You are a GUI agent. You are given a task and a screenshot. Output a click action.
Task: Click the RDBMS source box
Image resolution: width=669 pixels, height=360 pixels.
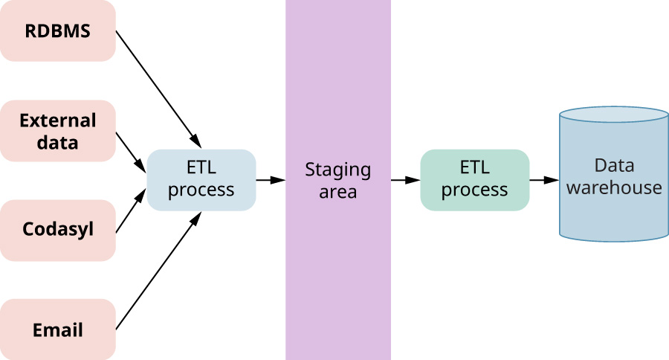[x=57, y=31]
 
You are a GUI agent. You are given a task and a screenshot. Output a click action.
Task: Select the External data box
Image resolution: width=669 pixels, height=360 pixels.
[x=57, y=131]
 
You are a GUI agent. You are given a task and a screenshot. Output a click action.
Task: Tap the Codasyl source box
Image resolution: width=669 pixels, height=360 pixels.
[x=57, y=229]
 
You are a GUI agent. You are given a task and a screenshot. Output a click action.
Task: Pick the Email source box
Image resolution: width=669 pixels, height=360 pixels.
[x=57, y=330]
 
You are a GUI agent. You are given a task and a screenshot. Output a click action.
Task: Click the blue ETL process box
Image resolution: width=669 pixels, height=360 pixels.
[x=201, y=179]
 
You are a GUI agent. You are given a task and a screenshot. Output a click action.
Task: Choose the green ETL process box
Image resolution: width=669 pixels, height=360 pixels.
[x=474, y=179]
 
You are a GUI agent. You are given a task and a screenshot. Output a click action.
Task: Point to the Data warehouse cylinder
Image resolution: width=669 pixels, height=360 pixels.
[x=614, y=179]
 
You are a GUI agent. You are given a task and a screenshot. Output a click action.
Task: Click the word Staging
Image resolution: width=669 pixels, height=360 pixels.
[x=337, y=170]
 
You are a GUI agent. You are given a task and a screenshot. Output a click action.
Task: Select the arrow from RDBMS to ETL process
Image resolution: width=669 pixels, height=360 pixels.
[x=158, y=89]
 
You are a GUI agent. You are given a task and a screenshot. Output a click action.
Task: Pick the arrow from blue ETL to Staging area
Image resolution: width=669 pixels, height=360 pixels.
[x=271, y=179]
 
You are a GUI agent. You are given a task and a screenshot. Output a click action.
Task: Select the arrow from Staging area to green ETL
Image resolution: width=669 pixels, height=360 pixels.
[x=405, y=179]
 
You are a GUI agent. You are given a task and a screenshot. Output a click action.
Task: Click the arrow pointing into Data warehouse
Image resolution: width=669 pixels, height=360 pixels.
[x=544, y=179]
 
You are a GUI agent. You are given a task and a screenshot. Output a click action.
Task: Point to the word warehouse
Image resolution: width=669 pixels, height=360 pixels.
[x=614, y=187]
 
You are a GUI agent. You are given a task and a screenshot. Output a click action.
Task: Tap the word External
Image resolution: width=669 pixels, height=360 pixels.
[x=57, y=120]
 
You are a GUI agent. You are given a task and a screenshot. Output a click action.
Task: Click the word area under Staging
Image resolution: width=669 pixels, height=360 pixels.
[x=337, y=192]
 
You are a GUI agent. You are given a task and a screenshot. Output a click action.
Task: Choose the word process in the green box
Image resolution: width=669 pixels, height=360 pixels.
[x=474, y=190]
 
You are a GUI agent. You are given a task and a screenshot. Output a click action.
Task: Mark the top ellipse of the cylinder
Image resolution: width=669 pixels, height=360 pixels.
[x=614, y=115]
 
